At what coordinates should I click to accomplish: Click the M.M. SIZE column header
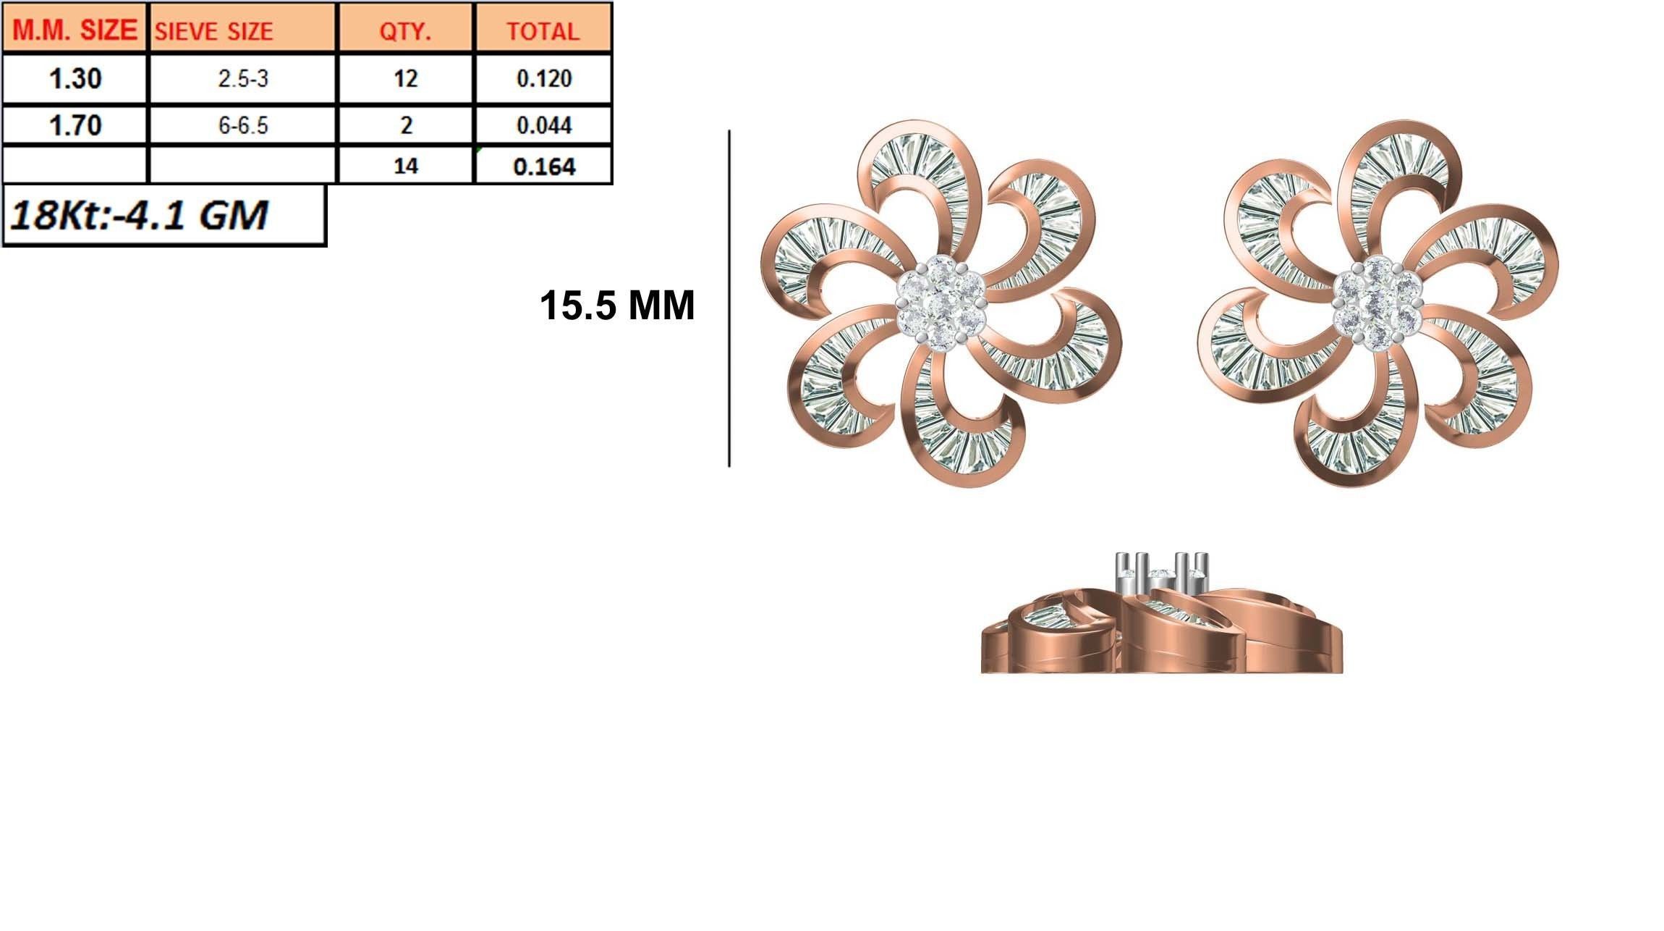click(x=75, y=30)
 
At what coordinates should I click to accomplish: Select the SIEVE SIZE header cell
click(x=214, y=31)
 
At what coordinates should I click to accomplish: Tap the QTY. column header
click(x=405, y=31)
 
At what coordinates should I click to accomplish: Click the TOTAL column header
click(x=543, y=31)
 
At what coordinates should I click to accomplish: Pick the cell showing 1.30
click(x=75, y=78)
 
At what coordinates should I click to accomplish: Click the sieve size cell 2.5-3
click(x=243, y=78)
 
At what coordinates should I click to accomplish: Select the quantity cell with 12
click(x=405, y=78)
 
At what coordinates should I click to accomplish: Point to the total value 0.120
click(x=543, y=78)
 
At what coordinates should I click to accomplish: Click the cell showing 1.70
click(x=75, y=125)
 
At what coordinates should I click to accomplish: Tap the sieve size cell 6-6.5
click(x=243, y=125)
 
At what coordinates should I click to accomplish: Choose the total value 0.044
click(x=543, y=125)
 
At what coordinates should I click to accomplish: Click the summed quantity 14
click(x=405, y=166)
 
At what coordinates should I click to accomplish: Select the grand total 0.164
click(x=543, y=167)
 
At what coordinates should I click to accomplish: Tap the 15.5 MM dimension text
click(x=617, y=305)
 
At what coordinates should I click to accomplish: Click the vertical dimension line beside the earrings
click(x=729, y=298)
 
